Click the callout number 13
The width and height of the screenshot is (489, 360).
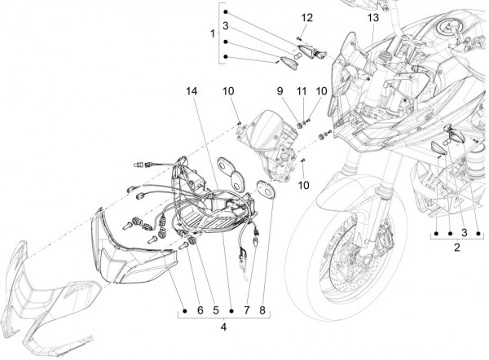point(372,18)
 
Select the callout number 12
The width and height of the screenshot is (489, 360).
point(306,18)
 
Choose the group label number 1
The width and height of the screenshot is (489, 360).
point(214,35)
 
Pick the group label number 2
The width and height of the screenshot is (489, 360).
point(457,245)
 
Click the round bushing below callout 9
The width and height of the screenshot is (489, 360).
point(298,125)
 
